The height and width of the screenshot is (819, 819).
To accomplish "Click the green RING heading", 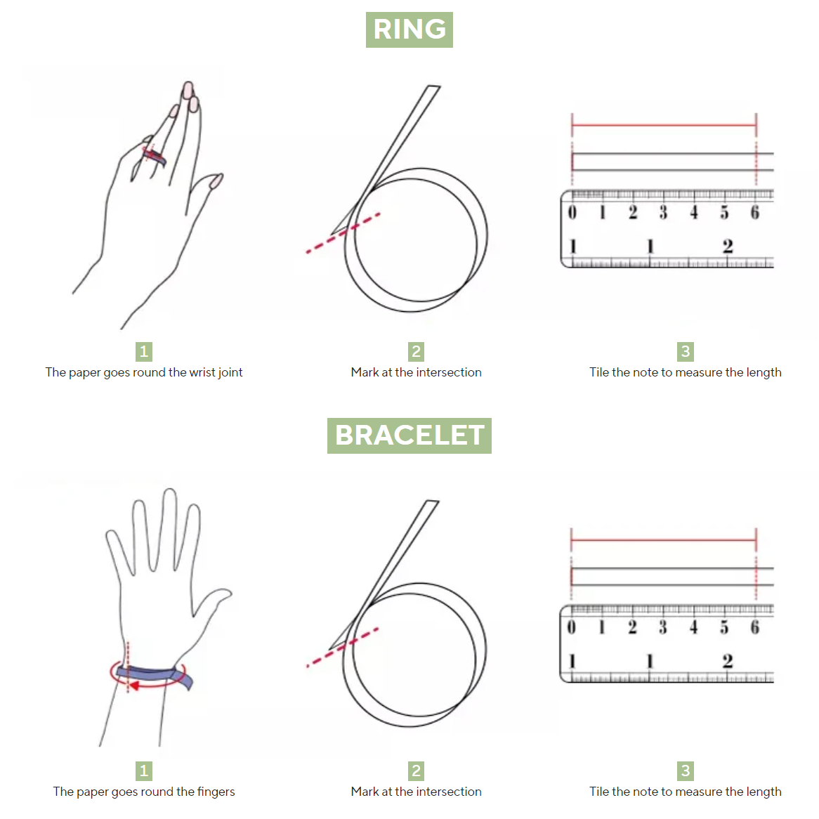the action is pos(409,30).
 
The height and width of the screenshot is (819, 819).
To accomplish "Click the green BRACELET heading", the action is pos(409,435).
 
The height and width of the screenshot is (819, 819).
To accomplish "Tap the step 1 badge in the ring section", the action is pos(143,351).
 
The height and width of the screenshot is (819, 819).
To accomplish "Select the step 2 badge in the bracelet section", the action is pos(416,771).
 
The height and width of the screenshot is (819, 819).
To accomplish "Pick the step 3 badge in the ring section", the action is pos(686,351).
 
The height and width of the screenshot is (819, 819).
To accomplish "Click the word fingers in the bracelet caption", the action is pos(216,792).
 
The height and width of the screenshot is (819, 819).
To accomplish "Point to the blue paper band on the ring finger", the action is pos(155,157).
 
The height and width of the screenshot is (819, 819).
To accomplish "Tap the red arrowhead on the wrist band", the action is pos(133,686).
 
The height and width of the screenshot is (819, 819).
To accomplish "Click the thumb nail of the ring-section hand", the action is pos(216,181).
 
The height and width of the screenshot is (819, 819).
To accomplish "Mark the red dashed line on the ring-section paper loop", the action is pos(343,233).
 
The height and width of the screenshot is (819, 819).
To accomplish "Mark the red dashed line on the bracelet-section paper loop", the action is pos(342,648).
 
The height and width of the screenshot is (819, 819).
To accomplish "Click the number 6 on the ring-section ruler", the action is pos(755,212).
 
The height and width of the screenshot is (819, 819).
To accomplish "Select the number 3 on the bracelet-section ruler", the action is pos(663,627).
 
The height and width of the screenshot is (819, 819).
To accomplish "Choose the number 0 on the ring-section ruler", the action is pos(572,212).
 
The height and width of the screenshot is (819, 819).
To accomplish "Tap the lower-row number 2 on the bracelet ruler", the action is pos(728,661).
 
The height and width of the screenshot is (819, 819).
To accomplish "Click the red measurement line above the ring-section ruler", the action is pos(664,125).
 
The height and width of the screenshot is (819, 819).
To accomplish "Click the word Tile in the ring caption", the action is pos(599,372).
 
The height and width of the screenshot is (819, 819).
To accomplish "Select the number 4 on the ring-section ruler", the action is pos(694,212).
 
